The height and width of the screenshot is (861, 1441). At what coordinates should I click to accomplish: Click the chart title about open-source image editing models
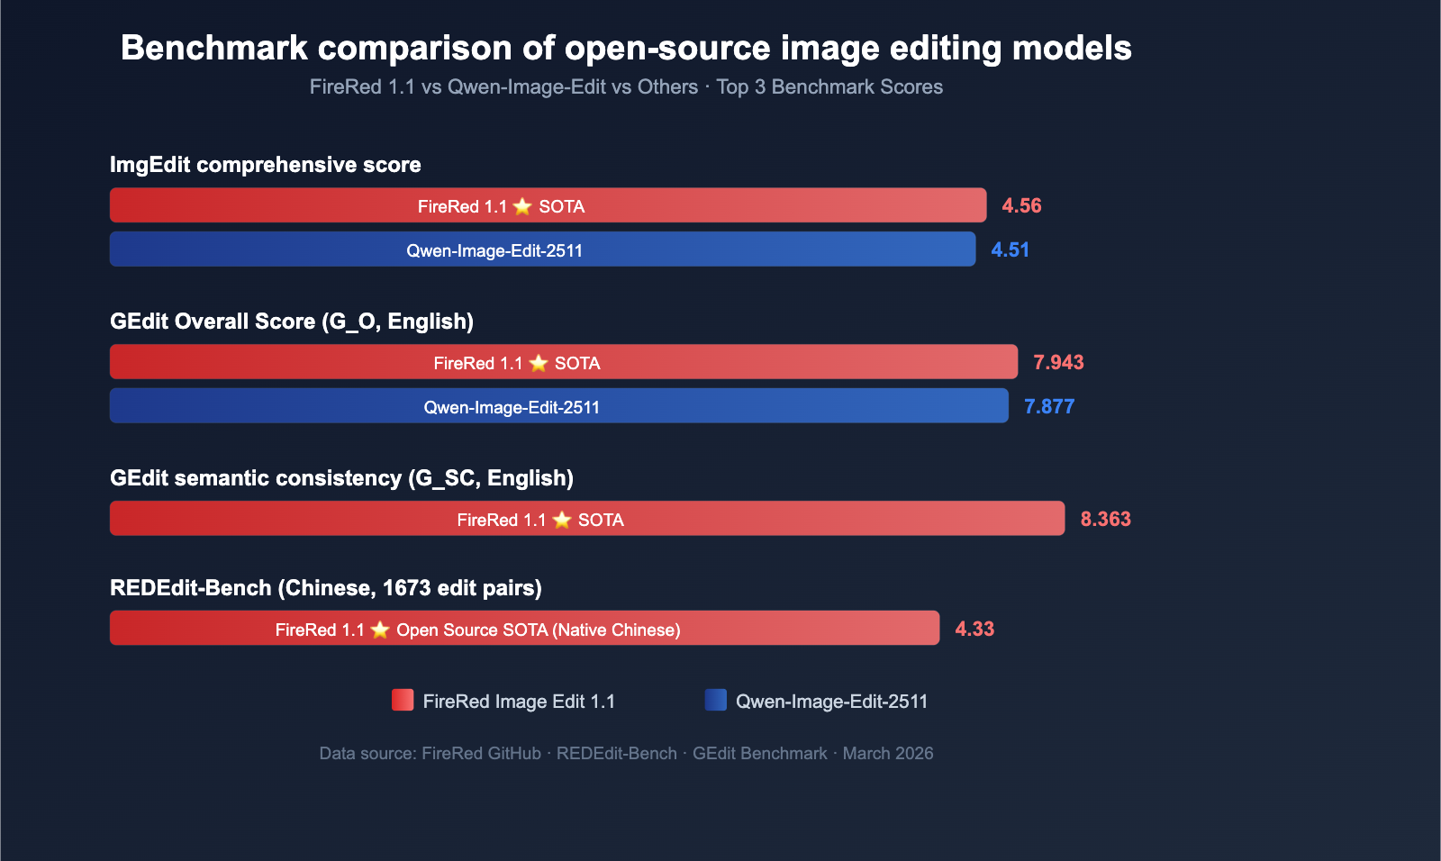[626, 48]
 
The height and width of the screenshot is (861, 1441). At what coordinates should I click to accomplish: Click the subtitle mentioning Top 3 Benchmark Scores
[626, 87]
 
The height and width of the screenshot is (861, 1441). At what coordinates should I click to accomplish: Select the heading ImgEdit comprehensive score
[266, 165]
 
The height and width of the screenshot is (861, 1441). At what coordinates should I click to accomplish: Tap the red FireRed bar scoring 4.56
[548, 205]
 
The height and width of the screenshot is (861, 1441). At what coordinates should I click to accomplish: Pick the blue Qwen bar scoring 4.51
[542, 249]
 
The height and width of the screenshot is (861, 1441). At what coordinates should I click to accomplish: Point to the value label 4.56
[1021, 205]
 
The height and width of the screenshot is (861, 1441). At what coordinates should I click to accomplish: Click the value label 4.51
[1010, 249]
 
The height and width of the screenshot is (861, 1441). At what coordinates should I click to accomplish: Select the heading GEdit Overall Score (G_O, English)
[292, 322]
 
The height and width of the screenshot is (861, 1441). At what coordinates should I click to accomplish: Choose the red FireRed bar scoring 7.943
[563, 362]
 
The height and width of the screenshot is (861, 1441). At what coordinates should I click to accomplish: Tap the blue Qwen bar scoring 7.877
[558, 406]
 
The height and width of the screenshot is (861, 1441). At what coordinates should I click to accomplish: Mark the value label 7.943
[1058, 362]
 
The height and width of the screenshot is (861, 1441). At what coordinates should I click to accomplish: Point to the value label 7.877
[1049, 406]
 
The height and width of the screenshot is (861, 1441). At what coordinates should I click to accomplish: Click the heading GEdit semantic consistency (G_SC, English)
[341, 478]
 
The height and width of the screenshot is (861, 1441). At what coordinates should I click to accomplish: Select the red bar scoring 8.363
[586, 519]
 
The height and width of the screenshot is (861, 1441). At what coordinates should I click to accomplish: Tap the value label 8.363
[1105, 519]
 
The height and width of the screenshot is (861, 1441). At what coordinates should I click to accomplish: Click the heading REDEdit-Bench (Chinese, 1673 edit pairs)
[326, 588]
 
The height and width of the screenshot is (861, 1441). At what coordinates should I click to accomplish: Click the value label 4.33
[974, 629]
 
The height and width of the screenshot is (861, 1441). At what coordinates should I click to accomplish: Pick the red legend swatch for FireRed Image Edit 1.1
[403, 700]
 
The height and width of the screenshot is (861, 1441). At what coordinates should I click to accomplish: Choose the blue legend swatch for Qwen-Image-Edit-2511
[716, 700]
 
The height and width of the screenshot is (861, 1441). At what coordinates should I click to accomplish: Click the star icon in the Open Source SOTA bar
[380, 630]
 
